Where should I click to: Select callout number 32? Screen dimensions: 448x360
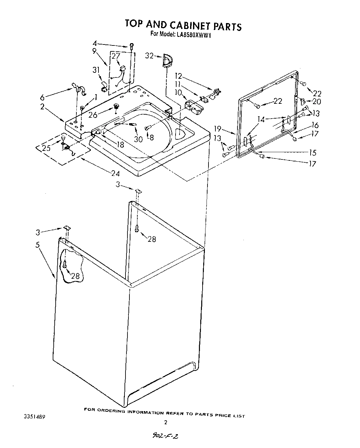click(149, 56)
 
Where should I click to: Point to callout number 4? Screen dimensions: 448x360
click(95, 43)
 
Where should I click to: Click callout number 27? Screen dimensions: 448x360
click(116, 56)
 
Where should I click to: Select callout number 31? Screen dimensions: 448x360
click(96, 70)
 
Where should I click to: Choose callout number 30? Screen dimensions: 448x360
click(138, 139)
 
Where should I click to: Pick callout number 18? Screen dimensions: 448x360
click(121, 144)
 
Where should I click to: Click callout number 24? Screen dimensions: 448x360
click(115, 174)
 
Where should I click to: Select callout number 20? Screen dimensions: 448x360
click(316, 102)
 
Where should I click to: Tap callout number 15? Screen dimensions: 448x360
click(312, 153)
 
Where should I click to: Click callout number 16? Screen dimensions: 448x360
click(315, 125)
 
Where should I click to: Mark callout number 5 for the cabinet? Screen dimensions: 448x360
click(38, 245)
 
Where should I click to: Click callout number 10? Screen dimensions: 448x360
click(178, 93)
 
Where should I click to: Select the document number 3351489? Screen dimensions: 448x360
click(34, 417)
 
